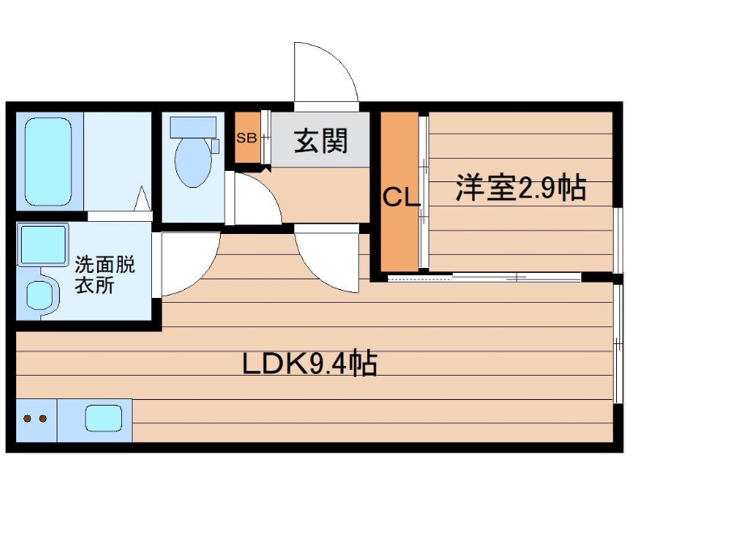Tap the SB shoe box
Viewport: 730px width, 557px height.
[247, 138]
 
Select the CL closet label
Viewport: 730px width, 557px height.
[401, 197]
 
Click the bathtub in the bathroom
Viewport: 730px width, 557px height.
[49, 161]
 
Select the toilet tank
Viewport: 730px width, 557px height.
[194, 126]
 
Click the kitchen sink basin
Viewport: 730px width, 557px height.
[103, 419]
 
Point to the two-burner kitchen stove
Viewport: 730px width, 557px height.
[35, 419]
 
